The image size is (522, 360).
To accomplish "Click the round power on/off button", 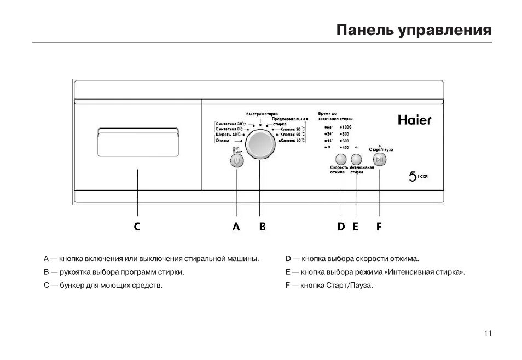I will (x=236, y=161).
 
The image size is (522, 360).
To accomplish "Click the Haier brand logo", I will (x=414, y=119).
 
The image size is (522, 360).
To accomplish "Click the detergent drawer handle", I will (x=138, y=133).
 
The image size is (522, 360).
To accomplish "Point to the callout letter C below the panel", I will (x=137, y=227).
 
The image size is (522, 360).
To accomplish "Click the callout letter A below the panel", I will (x=236, y=227).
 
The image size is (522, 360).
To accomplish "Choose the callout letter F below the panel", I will (x=379, y=227).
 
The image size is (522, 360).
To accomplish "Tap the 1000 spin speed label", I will (x=346, y=127).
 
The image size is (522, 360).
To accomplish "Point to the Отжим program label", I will (x=222, y=141).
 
